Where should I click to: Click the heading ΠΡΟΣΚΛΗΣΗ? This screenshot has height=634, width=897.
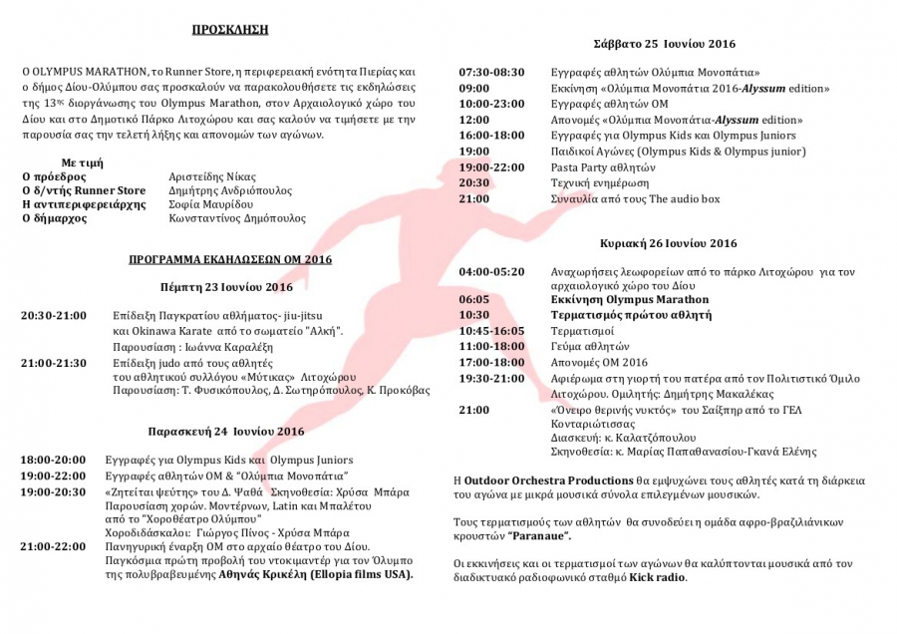(x=230, y=30)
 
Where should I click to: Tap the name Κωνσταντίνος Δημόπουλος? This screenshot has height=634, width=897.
(x=238, y=218)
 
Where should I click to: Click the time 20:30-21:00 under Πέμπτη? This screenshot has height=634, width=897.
(x=54, y=316)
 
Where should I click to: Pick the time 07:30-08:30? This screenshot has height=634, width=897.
(x=490, y=73)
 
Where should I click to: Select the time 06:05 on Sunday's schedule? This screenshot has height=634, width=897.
(x=473, y=299)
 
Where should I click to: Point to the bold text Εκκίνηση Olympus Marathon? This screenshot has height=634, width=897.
(x=630, y=299)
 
